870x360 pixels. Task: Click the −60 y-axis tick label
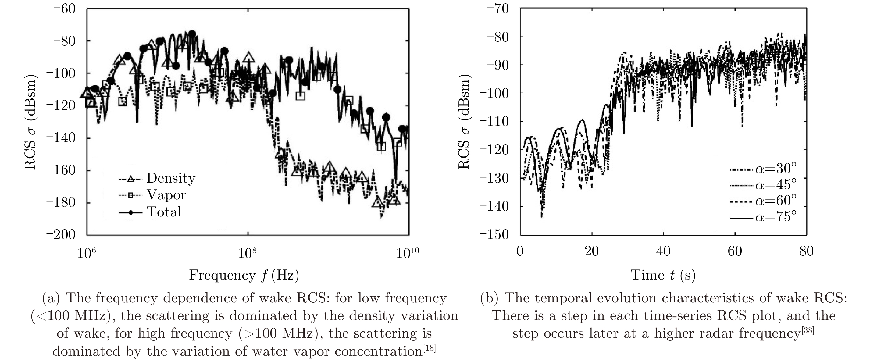click(64, 9)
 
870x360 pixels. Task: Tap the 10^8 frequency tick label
click(247, 253)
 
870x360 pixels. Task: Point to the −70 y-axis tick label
click(498, 9)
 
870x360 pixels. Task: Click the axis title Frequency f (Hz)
click(244, 275)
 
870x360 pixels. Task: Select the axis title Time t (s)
click(663, 275)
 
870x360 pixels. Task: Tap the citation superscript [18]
click(429, 348)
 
